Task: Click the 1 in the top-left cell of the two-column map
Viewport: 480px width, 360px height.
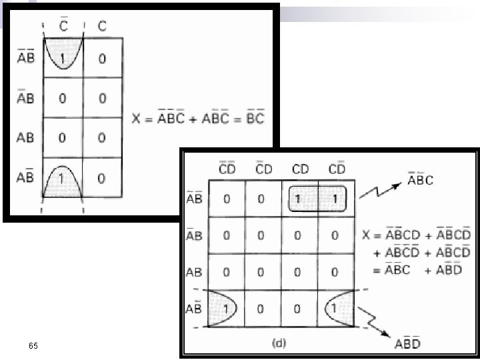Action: pos(63,59)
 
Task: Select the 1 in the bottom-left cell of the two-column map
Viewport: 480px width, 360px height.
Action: pos(63,179)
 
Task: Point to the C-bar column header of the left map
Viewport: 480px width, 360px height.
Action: pos(63,26)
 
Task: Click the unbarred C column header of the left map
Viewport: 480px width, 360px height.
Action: pos(101,26)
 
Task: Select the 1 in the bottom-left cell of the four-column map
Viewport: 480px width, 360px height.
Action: pos(227,309)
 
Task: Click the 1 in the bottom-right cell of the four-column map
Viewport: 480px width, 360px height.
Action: pos(335,309)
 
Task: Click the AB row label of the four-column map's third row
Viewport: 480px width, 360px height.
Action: pos(195,273)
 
